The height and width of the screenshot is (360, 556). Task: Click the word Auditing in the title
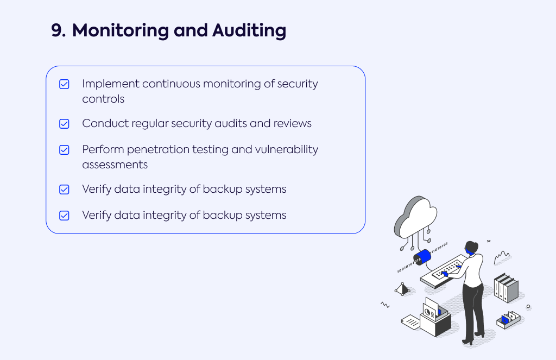tap(249, 30)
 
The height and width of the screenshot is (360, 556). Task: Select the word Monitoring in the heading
tap(121, 31)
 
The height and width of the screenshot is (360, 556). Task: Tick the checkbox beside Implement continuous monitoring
tap(64, 84)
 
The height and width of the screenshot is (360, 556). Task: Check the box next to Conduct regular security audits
tap(64, 124)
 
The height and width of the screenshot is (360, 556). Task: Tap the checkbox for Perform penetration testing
tap(64, 150)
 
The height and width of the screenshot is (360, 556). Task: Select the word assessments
tap(115, 165)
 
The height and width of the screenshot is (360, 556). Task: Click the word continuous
tap(171, 84)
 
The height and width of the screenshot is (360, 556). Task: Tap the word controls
tap(103, 99)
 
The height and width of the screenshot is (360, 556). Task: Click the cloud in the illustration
tap(415, 217)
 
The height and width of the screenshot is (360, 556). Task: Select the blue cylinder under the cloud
tap(422, 257)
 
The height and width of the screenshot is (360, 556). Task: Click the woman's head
tap(472, 248)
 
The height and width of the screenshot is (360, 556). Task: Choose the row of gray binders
tap(506, 288)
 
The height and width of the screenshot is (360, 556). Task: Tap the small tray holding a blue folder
tap(508, 320)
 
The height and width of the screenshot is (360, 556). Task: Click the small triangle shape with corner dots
tap(402, 289)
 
